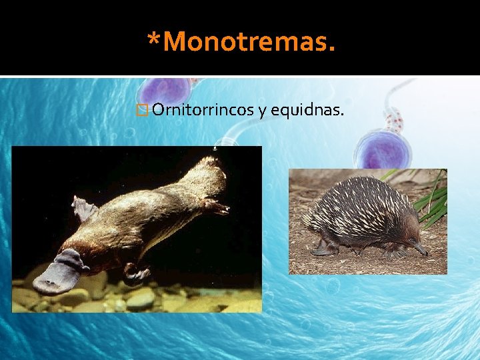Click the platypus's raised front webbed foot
tap(84, 208)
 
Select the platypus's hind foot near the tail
tap(215, 207)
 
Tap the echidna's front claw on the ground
tap(323, 250)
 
